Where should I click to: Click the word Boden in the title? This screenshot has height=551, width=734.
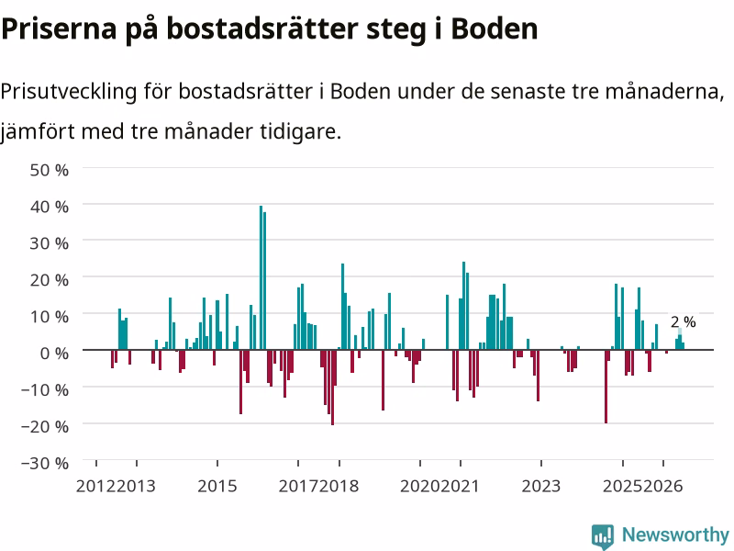[495, 28]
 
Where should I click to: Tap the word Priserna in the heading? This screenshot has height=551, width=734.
[59, 28]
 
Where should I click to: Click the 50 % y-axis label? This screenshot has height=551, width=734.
[50, 170]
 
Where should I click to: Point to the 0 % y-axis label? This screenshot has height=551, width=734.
[54, 353]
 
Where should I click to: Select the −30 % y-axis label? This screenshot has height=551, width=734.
[45, 463]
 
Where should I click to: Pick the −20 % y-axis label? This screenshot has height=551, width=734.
[45, 426]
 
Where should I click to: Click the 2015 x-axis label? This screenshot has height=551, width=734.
[217, 486]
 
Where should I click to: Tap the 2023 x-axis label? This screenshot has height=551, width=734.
[541, 486]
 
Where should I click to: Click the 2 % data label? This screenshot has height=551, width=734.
[683, 322]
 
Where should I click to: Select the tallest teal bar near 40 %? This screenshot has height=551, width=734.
[261, 278]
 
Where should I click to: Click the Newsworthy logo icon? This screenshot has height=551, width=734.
[603, 536]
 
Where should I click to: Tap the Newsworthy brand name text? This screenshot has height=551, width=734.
[675, 534]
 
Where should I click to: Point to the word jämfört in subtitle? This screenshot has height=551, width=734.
[38, 132]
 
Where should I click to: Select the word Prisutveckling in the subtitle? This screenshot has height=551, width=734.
[69, 91]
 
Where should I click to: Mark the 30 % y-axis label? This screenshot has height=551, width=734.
[50, 242]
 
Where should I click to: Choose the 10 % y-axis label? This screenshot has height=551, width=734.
[50, 316]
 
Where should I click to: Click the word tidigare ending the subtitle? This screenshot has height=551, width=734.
[301, 132]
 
